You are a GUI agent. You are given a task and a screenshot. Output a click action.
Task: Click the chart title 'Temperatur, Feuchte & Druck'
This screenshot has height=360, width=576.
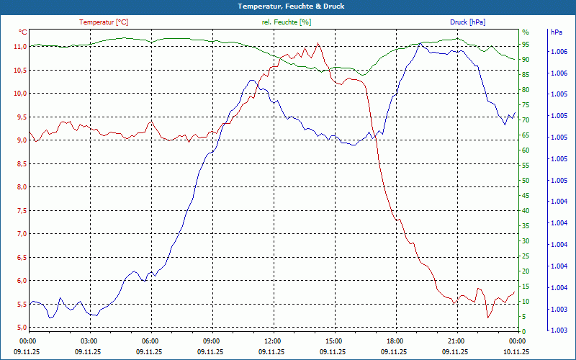288,6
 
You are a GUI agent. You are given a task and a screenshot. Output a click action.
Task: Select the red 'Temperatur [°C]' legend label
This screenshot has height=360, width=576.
104,22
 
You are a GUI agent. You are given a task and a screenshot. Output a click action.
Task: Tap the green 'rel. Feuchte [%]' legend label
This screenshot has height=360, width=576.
287,22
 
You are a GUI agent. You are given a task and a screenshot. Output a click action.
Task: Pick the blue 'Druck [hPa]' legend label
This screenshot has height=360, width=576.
468,22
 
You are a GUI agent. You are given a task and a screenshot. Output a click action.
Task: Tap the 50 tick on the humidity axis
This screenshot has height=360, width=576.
526,181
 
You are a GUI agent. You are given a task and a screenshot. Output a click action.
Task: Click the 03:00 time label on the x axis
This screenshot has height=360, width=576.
89,341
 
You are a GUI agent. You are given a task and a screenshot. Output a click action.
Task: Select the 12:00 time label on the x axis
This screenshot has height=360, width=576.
272,341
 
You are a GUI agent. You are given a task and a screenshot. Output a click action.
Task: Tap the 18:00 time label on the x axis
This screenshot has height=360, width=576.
395,341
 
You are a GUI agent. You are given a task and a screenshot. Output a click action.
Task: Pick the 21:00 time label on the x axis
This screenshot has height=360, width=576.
456,341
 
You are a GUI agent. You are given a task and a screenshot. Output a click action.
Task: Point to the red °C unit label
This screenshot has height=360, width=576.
23,32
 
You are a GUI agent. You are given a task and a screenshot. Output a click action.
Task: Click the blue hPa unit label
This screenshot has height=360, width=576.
557,32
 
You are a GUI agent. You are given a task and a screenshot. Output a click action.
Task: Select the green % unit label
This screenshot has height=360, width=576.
525,32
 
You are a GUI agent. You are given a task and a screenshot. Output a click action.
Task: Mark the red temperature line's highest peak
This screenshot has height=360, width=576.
318,43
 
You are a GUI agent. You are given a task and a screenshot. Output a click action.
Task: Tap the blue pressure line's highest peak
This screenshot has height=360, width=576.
420,43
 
